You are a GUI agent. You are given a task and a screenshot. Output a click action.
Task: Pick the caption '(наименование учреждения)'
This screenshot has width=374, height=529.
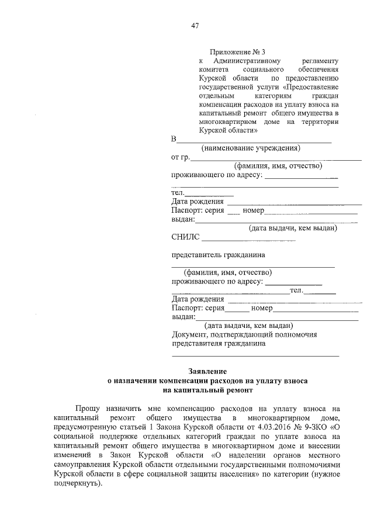tap(251, 148)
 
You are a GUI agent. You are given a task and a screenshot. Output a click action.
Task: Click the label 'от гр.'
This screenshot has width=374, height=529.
tap(181, 157)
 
